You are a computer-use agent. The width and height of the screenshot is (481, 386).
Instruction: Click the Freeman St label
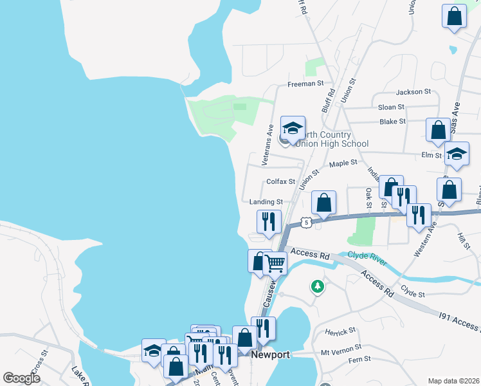(x=305, y=84)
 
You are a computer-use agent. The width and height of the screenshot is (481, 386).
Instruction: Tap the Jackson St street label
(x=413, y=92)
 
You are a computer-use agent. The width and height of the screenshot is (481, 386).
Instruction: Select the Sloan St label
(x=391, y=107)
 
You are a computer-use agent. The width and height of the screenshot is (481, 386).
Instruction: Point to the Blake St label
(x=392, y=121)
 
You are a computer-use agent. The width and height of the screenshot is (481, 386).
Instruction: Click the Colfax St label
(x=280, y=182)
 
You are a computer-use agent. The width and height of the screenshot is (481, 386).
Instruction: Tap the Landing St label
(x=266, y=201)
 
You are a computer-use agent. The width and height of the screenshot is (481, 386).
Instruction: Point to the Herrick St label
(x=341, y=331)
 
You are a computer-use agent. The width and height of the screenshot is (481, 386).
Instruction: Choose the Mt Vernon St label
(x=341, y=354)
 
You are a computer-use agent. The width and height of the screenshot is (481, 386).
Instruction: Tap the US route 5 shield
(x=307, y=222)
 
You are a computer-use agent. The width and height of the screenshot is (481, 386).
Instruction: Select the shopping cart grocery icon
(x=275, y=262)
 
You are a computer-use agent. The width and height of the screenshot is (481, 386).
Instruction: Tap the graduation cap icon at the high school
(x=293, y=128)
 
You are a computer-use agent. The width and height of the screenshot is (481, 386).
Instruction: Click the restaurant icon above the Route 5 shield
(x=268, y=221)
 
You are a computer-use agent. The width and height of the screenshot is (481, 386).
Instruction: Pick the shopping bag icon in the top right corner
(x=454, y=16)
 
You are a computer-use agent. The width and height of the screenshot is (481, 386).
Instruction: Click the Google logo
(x=22, y=378)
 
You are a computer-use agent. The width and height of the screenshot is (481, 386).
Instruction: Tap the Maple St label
(x=343, y=164)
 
